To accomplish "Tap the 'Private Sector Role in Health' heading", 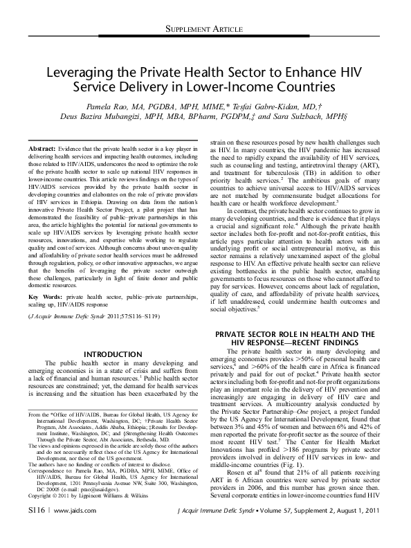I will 293,334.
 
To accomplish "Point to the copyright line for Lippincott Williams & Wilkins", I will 75,496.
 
